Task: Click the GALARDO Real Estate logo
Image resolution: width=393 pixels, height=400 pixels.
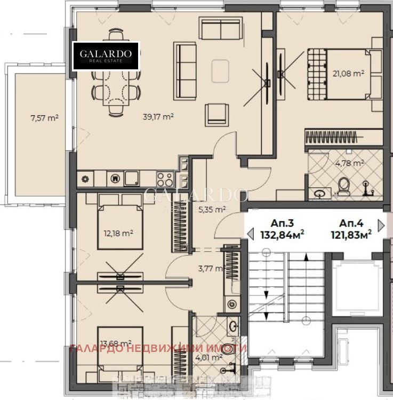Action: click(x=106, y=56)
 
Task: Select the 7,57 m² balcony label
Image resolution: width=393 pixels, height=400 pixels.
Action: click(x=45, y=118)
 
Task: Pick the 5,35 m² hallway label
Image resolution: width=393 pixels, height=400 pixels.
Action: click(x=212, y=210)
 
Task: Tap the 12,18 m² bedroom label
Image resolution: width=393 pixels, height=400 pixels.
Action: click(x=118, y=233)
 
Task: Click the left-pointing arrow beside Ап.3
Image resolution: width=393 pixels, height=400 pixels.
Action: click(x=250, y=233)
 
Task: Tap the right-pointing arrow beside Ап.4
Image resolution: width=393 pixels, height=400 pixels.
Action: click(x=381, y=225)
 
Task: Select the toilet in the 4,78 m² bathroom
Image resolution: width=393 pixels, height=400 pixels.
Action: click(x=344, y=186)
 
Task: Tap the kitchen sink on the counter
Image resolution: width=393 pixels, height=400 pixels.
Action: click(x=132, y=178)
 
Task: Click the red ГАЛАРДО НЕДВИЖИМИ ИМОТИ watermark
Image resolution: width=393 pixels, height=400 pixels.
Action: click(x=158, y=348)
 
